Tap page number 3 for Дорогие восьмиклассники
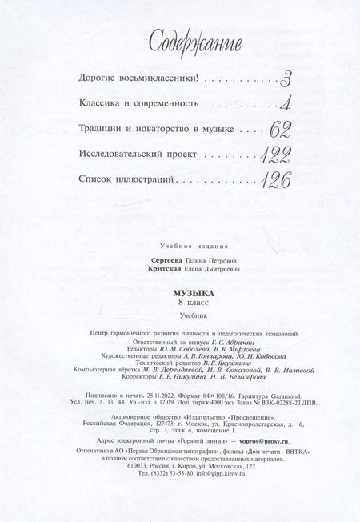tap(286, 78)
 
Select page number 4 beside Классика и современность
tap(285, 104)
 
